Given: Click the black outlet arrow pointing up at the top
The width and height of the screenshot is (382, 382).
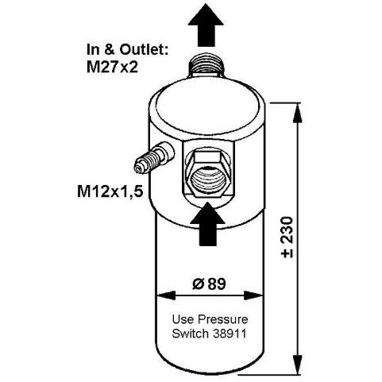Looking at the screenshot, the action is [x=206, y=26].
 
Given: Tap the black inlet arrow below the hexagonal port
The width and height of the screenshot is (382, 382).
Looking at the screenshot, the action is [x=208, y=225].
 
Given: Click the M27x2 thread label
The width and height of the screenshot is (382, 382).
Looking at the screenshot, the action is [x=112, y=68].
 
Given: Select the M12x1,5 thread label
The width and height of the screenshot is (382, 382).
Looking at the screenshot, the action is [x=110, y=191].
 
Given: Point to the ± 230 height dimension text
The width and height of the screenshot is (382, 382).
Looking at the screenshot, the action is [x=287, y=237].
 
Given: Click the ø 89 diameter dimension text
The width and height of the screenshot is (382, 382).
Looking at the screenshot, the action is [x=209, y=284].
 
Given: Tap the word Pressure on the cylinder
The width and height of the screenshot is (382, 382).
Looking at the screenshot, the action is [x=223, y=319].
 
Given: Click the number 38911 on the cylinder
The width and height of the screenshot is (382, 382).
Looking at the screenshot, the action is [x=230, y=334].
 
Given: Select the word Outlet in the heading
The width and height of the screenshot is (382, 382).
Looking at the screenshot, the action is [x=144, y=49].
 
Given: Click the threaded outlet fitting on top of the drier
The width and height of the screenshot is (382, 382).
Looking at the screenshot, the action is [x=206, y=66].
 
